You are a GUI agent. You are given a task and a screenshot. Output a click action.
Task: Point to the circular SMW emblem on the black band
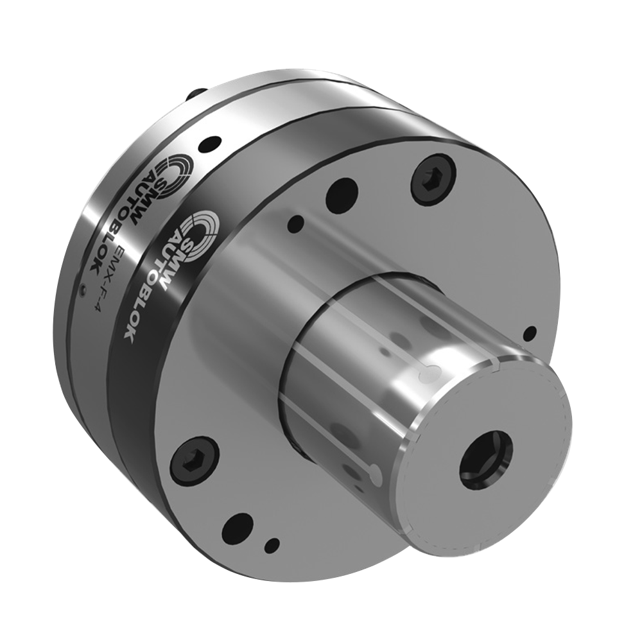200,227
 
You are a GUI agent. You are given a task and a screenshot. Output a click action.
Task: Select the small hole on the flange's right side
530,333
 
